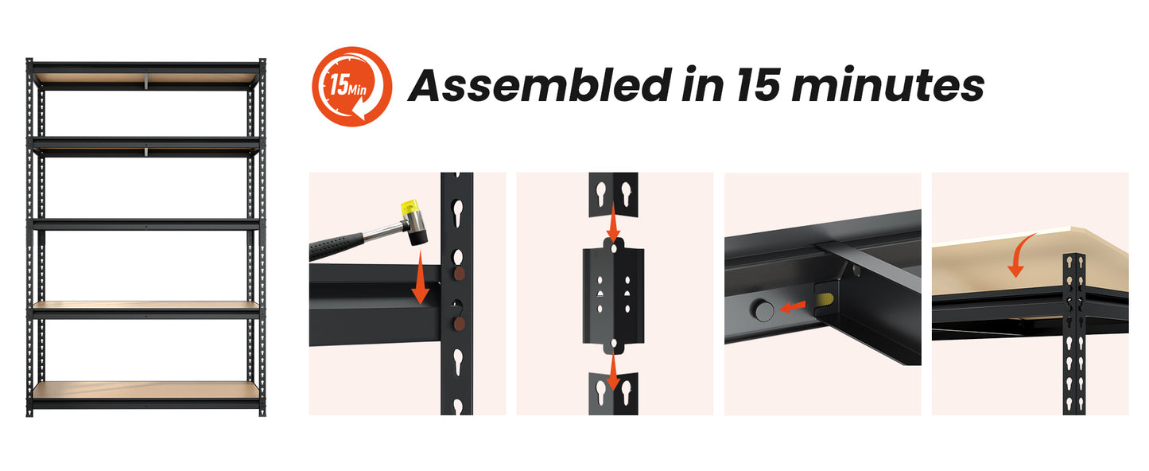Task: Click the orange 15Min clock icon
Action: click(352, 87)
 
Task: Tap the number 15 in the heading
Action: click(759, 84)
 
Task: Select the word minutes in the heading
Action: click(888, 85)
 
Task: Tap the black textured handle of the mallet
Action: click(336, 247)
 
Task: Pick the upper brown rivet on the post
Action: click(459, 274)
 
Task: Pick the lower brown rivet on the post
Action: click(459, 323)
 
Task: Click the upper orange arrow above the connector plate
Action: click(613, 221)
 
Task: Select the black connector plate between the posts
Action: click(614, 296)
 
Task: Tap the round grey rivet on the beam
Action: click(763, 310)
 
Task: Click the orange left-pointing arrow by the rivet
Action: click(793, 307)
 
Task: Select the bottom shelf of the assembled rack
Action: click(146, 394)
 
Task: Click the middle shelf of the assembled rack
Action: click(146, 224)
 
